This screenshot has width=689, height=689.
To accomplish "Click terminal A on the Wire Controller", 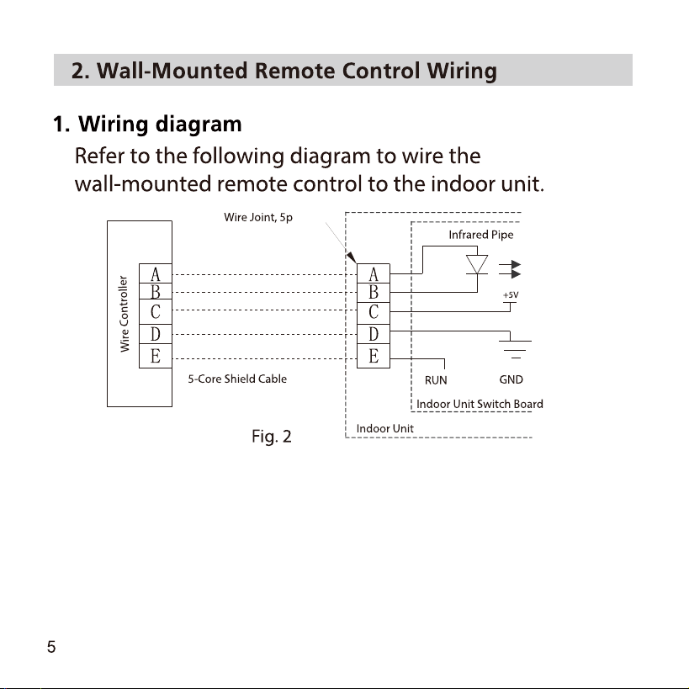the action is click(x=156, y=273).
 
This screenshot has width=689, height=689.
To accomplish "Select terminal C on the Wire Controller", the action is click(x=156, y=312).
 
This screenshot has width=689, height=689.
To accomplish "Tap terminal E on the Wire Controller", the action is click(x=156, y=356).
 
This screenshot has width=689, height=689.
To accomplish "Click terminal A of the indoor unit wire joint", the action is click(x=374, y=273).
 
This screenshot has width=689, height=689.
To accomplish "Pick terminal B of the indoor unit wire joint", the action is click(x=374, y=293).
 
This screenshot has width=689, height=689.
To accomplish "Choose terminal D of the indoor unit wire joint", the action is click(x=374, y=334).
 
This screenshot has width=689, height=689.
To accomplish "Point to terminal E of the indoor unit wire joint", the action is click(x=374, y=356).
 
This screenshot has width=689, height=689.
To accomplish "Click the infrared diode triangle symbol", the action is click(x=477, y=264).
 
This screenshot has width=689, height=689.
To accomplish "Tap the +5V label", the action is click(x=511, y=294).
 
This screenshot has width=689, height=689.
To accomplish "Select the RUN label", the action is click(x=436, y=380).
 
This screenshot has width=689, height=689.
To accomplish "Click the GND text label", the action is click(x=511, y=379).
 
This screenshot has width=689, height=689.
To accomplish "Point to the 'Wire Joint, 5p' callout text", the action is click(x=258, y=218).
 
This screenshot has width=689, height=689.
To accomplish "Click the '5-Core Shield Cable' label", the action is click(x=237, y=379).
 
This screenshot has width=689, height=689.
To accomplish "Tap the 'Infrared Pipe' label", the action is click(x=481, y=235).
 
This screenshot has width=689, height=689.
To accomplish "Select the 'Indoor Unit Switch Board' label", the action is click(x=480, y=405).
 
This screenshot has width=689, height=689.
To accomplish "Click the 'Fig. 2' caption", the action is click(x=272, y=437).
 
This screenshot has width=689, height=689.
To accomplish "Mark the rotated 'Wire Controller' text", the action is click(x=125, y=314).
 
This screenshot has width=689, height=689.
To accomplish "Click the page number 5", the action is click(x=51, y=647).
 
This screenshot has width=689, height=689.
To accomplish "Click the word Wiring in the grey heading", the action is click(x=462, y=72).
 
